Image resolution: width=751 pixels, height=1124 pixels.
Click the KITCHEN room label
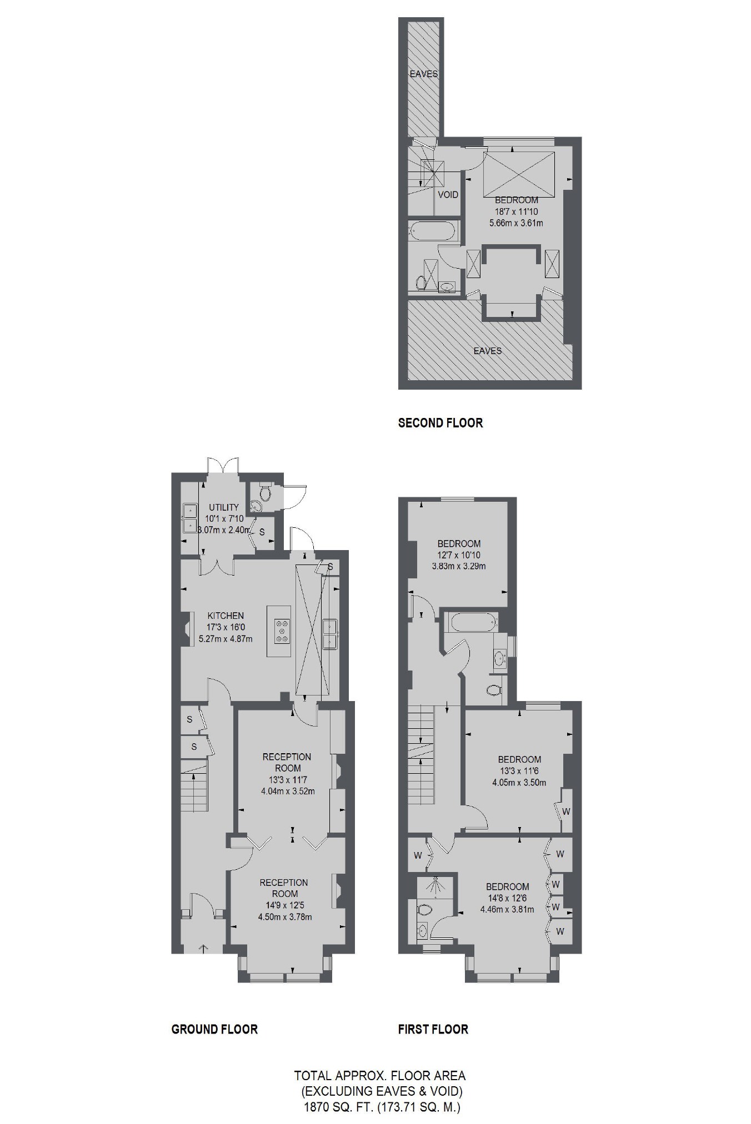click(226, 616)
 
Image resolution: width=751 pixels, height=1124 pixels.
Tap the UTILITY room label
click(224, 507)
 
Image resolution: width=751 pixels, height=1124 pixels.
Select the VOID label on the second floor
click(448, 194)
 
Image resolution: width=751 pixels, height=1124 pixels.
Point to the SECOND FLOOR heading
click(440, 423)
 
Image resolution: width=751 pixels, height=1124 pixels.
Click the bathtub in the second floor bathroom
click(433, 231)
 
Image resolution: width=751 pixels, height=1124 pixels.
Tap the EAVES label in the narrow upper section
click(424, 74)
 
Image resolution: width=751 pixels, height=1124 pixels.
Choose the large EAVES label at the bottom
click(487, 351)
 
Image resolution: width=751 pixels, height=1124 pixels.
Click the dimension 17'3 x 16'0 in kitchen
click(226, 627)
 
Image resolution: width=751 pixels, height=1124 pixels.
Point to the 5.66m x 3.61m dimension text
click(516, 223)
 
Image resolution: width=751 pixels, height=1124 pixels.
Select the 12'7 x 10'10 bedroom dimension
click(458, 555)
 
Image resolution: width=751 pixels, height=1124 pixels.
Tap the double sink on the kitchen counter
click(331, 634)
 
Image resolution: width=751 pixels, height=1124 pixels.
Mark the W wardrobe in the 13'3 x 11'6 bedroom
click(566, 812)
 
